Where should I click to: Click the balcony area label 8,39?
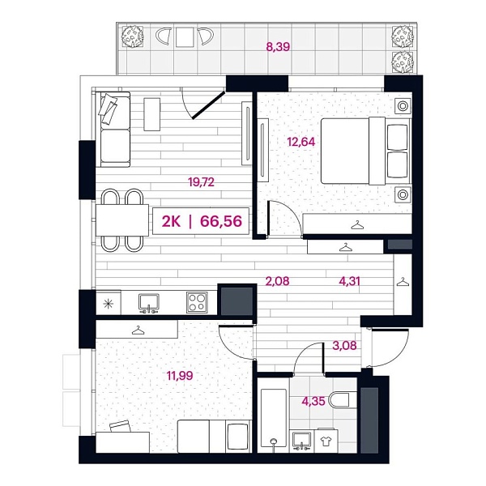click(278, 47)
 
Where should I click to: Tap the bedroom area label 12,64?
click(301, 142)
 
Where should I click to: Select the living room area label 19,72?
click(201, 182)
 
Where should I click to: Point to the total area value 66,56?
click(221, 221)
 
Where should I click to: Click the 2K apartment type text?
click(171, 221)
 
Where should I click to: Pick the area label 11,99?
click(180, 376)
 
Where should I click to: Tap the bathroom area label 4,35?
click(313, 401)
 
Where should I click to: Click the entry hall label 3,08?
click(344, 345)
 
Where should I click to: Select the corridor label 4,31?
click(349, 281)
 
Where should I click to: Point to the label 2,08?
click(277, 281)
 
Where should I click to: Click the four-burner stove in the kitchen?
click(197, 302)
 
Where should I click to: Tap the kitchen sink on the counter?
click(149, 303)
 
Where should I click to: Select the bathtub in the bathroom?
click(274, 418)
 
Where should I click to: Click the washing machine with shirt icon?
click(326, 441)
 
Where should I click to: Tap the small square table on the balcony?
click(185, 37)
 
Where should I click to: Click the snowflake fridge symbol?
click(109, 304)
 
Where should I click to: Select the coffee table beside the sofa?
click(152, 114)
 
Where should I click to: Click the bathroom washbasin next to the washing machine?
click(302, 440)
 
